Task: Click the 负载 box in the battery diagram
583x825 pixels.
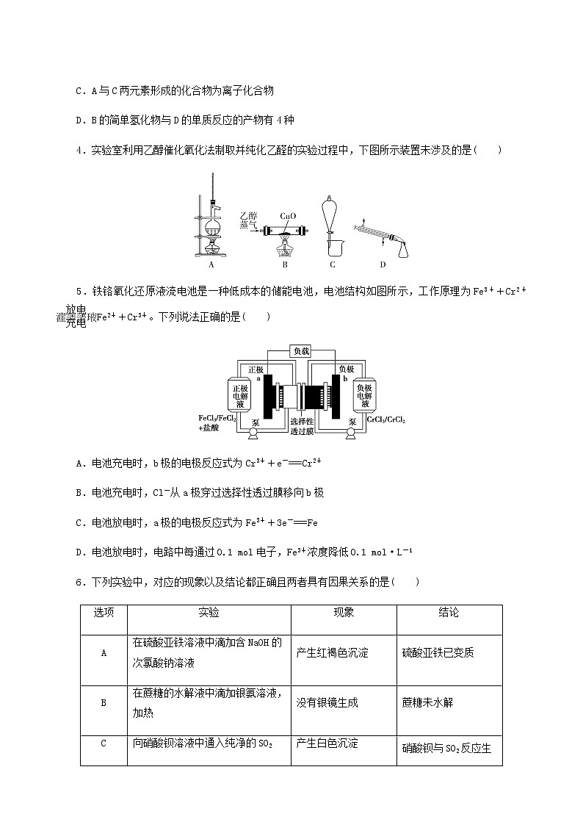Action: pos(303,351)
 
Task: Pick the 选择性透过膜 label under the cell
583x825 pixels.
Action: pos(303,427)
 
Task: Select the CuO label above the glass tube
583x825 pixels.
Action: pos(287,217)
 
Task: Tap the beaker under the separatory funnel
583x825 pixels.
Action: pos(332,243)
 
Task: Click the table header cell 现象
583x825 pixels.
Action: pos(344,612)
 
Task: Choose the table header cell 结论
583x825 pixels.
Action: pos(449,612)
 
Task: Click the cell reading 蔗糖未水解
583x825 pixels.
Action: pos(428,702)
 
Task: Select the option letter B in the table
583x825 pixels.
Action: pos(104,702)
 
